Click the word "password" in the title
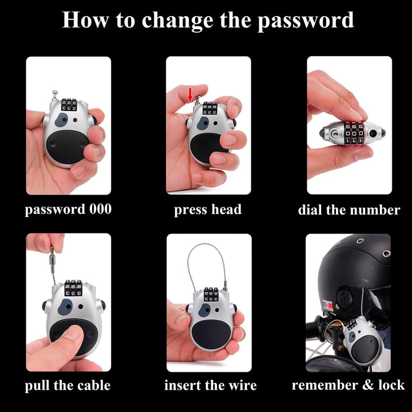tap(306, 21)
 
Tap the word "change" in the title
tap(177, 21)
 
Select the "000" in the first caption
tap(100, 209)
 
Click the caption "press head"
tap(208, 209)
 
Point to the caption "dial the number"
tap(349, 210)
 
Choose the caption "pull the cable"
tap(68, 386)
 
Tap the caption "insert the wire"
tap(211, 386)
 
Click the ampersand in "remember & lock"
tap(368, 385)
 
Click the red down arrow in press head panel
tap(190, 95)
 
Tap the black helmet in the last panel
tap(355, 274)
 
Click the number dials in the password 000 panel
tap(69, 105)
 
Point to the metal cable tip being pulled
tap(52, 260)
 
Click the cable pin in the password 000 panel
tap(54, 96)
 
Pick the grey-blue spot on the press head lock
tap(203, 124)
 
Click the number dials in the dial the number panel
tap(354, 133)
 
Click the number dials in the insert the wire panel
tap(211, 294)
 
